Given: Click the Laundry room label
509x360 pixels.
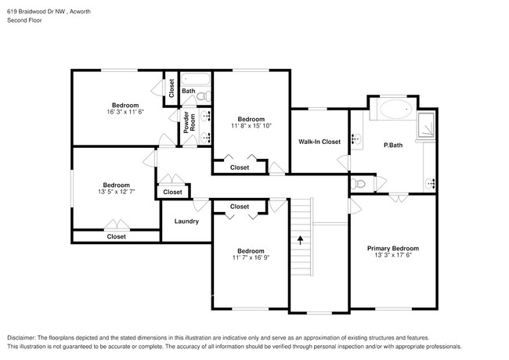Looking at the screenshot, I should coord(186,221).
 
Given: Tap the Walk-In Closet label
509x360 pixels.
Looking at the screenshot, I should coord(319,142).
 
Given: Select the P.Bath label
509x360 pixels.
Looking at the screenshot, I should coord(392,146).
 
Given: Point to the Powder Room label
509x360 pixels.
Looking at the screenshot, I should coord(187,127).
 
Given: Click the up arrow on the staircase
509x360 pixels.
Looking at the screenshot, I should coord(300,240).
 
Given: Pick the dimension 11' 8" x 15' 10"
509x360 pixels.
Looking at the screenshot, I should coord(252,127).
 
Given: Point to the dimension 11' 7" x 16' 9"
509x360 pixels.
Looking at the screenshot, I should coord(251,259).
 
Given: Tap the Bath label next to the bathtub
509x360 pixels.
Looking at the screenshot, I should coord(189,92).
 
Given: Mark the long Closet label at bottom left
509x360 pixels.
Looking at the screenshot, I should coord(116,236).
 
